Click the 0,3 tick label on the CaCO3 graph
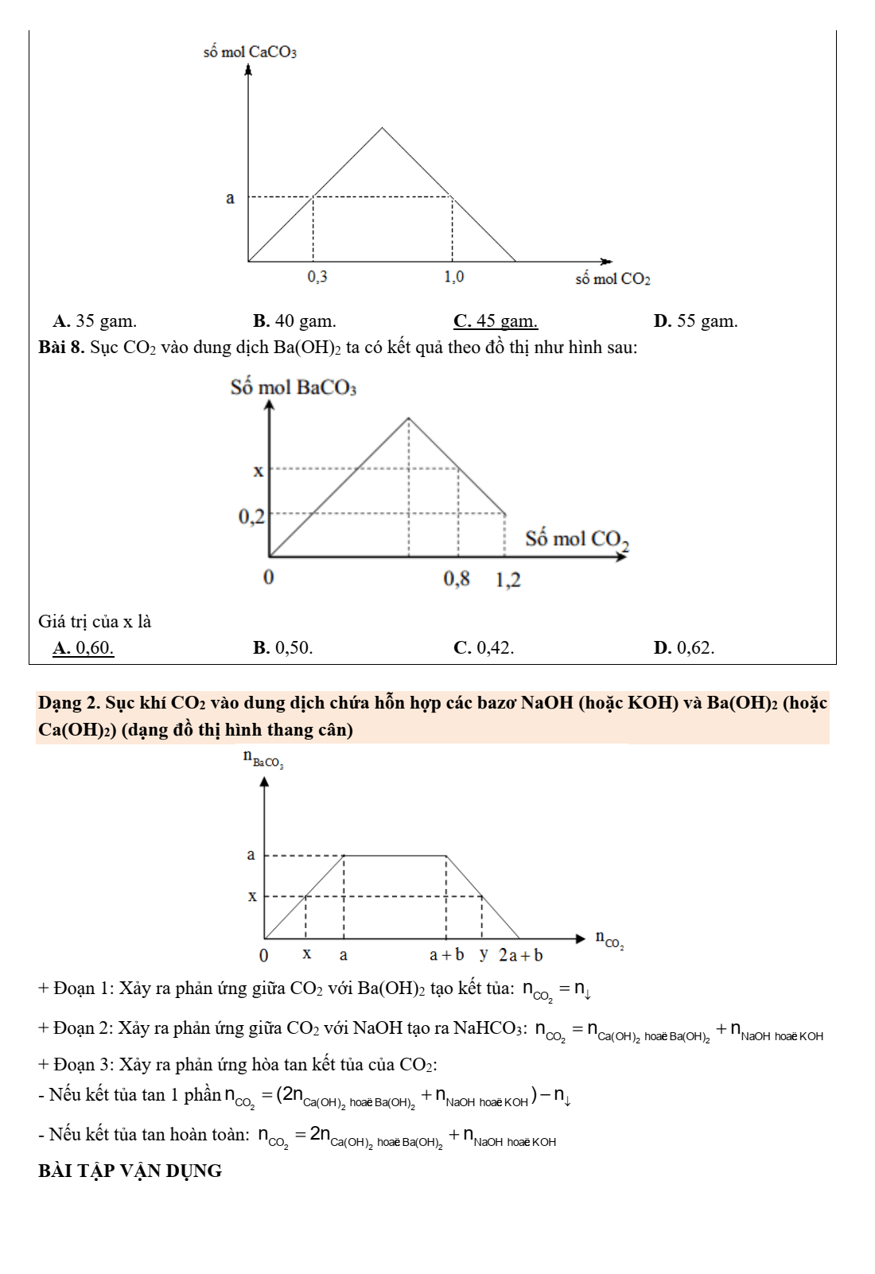click(317, 277)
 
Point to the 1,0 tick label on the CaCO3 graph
click(453, 277)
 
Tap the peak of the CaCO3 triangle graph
click(383, 128)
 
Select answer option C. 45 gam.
click(495, 321)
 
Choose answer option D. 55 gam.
click(695, 321)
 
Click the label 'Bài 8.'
click(61, 348)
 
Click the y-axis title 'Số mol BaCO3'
click(293, 387)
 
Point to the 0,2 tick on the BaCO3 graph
click(251, 517)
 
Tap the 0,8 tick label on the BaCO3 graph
click(457, 579)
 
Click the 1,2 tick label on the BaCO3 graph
click(507, 580)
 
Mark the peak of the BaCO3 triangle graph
click(408, 418)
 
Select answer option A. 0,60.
click(83, 648)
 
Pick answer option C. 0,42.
click(484, 648)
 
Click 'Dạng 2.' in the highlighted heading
click(69, 703)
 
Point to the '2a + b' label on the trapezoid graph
click(521, 955)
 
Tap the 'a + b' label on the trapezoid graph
click(446, 954)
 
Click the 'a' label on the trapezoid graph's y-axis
click(251, 855)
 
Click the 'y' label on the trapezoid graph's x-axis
click(484, 954)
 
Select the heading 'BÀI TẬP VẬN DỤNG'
click(130, 1171)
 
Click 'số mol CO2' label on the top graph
click(612, 279)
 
